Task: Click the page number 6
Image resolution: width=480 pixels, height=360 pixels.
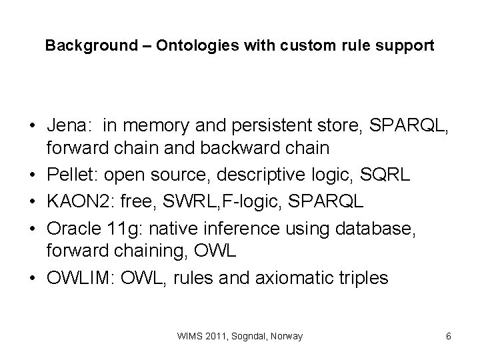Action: pyautogui.click(x=449, y=337)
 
